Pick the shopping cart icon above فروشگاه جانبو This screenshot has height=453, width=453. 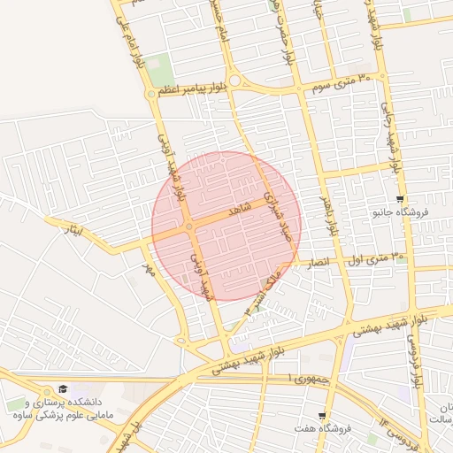pyautogui.click(x=401, y=199)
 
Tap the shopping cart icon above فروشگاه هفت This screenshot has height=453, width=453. pyautogui.click(x=323, y=415)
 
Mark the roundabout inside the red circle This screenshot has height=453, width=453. pyautogui.click(x=189, y=226)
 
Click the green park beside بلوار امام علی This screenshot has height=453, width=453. pyautogui.click(x=159, y=67)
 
